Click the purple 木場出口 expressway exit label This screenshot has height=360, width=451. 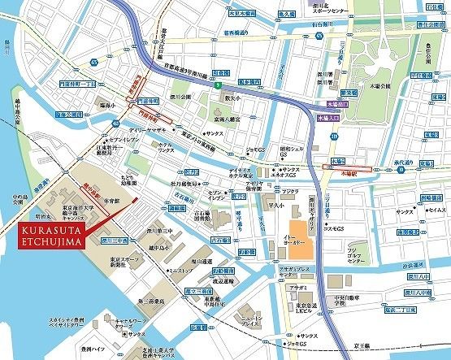click(337, 105)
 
